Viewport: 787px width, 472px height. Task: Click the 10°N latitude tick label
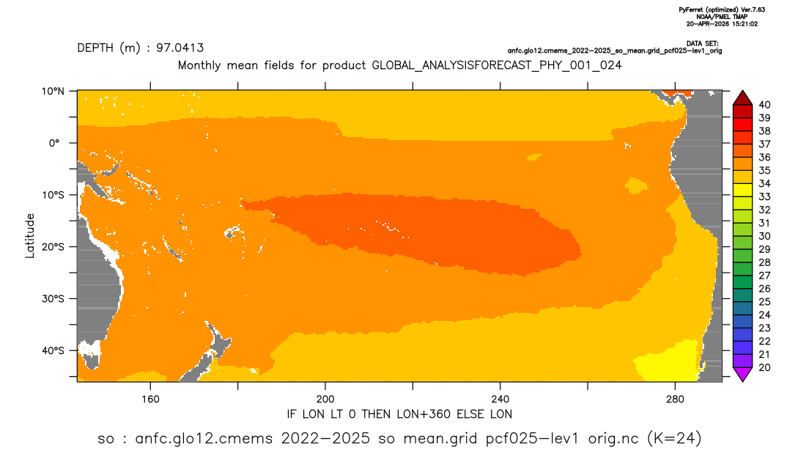click(53, 92)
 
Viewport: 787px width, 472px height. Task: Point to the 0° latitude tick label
click(55, 143)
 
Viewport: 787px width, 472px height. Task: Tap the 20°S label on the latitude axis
click(53, 246)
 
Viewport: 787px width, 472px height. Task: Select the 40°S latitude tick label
click(53, 350)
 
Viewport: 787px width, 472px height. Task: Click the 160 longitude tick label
click(150, 399)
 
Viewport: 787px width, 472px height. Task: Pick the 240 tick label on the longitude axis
click(500, 399)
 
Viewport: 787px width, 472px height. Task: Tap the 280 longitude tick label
click(675, 399)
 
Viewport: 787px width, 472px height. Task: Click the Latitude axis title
click(30, 236)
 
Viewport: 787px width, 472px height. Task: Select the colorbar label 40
click(764, 105)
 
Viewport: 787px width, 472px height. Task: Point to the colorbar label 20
click(764, 367)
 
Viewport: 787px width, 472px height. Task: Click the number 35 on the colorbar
click(764, 171)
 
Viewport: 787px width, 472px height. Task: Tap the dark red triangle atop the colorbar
click(742, 97)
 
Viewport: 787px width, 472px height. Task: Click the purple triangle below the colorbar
click(742, 375)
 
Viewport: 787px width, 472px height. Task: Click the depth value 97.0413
click(180, 48)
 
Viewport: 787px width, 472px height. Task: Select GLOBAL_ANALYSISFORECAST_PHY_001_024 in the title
click(497, 65)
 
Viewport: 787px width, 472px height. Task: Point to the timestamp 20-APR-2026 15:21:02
click(723, 23)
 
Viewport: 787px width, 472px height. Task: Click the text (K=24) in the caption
click(675, 438)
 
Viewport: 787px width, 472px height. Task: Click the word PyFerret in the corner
click(692, 10)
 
